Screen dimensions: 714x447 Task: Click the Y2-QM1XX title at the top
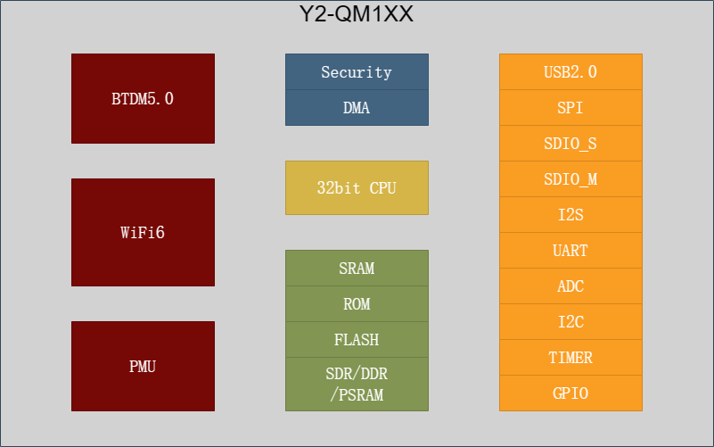coord(356,13)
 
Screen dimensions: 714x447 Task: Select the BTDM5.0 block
coord(143,98)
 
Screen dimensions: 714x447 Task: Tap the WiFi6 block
coord(143,232)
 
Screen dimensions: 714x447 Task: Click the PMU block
coord(143,367)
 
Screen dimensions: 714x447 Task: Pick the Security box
coord(357,71)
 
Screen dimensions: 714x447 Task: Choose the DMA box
coord(357,108)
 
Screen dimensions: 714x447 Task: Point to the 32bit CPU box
coord(357,187)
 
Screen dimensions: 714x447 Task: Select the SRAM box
coord(357,268)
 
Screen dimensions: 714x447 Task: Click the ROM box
coord(357,304)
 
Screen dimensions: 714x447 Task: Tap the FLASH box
coord(357,339)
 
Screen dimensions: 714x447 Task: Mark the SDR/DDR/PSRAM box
coord(357,385)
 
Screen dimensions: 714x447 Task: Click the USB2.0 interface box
coord(571,71)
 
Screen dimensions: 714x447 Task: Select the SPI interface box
coord(571,108)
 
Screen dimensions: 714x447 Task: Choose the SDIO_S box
coord(571,143)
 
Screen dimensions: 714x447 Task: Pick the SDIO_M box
coord(571,178)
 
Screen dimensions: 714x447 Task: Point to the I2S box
coord(571,215)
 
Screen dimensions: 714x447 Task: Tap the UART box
coord(571,250)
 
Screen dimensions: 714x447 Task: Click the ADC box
coord(571,286)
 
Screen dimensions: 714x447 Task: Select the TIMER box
coord(571,357)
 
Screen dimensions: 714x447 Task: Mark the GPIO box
coord(571,393)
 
